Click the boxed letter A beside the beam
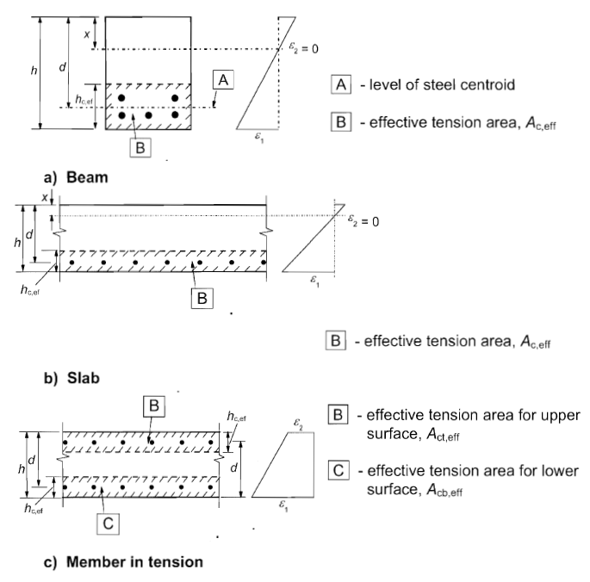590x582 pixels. [x=223, y=80]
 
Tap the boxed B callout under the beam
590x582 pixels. [x=140, y=147]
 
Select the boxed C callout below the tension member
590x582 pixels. [x=108, y=523]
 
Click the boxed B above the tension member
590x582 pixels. [x=154, y=406]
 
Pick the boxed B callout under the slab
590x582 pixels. [x=202, y=299]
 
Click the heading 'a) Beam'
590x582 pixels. [x=76, y=177]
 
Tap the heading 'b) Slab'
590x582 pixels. [x=71, y=378]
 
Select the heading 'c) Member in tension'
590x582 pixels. [x=123, y=562]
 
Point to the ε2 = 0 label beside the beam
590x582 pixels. [x=303, y=47]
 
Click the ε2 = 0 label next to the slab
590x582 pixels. [x=363, y=221]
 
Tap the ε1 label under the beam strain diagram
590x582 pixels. [x=259, y=138]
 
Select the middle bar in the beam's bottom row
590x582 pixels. [x=149, y=115]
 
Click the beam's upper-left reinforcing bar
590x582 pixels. [x=121, y=98]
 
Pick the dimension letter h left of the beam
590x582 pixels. [x=34, y=70]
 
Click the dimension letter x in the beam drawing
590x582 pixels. [x=87, y=34]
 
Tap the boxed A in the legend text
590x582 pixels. [x=341, y=84]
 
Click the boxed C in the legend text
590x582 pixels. [x=338, y=470]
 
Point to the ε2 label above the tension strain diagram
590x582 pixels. [x=298, y=424]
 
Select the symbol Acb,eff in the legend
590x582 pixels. [x=444, y=490]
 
